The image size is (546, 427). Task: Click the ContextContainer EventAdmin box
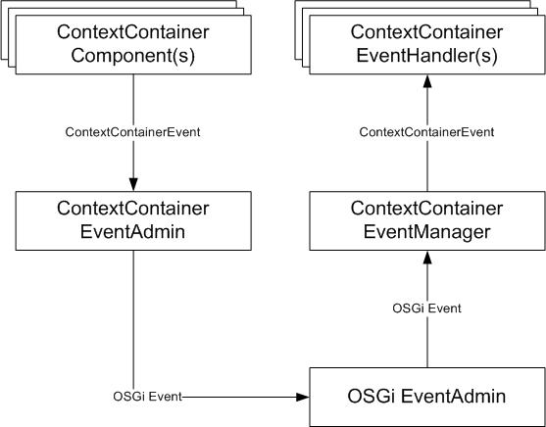point(133,220)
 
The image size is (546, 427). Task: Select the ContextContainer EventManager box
point(427,220)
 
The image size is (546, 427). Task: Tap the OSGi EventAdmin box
point(427,397)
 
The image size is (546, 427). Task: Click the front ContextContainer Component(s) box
point(133,44)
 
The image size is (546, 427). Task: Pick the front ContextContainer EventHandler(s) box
point(427,44)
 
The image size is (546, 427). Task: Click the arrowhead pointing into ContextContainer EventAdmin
point(133,184)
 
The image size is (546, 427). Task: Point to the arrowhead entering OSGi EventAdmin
point(303,397)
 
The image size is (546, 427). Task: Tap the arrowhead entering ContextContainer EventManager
point(427,258)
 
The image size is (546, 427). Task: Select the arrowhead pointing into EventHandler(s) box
point(427,80)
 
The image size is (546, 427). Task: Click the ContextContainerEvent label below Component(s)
point(132,132)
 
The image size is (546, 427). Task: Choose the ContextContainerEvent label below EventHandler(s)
point(426,132)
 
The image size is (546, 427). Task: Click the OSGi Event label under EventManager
point(426,308)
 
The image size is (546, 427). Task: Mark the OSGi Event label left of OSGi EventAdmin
point(147,397)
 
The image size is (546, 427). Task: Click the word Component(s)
point(133,56)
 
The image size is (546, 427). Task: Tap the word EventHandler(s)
point(427,56)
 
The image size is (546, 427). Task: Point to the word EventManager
point(427,232)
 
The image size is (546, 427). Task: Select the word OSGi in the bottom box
point(372,397)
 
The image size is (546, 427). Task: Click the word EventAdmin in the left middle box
point(132,231)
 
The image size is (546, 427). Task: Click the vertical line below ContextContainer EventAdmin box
point(133,323)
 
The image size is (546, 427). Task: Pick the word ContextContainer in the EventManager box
point(427,208)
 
